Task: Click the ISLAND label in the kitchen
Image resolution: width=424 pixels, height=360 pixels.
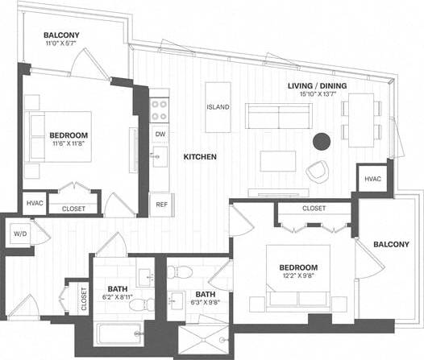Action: (x=218, y=107)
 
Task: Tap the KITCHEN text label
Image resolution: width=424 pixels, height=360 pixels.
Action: (x=199, y=157)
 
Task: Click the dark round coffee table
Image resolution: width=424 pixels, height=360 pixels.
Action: (x=322, y=141)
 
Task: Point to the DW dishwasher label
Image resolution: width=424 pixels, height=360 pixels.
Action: (x=160, y=134)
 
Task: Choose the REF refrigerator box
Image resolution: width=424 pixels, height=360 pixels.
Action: (x=161, y=204)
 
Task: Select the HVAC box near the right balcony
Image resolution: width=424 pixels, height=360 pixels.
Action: (x=372, y=179)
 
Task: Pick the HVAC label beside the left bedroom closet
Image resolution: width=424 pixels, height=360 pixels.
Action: (x=35, y=204)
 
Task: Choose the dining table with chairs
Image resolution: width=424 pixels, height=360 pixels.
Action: (x=360, y=118)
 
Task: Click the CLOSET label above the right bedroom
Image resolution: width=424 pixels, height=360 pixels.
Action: (x=314, y=209)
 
